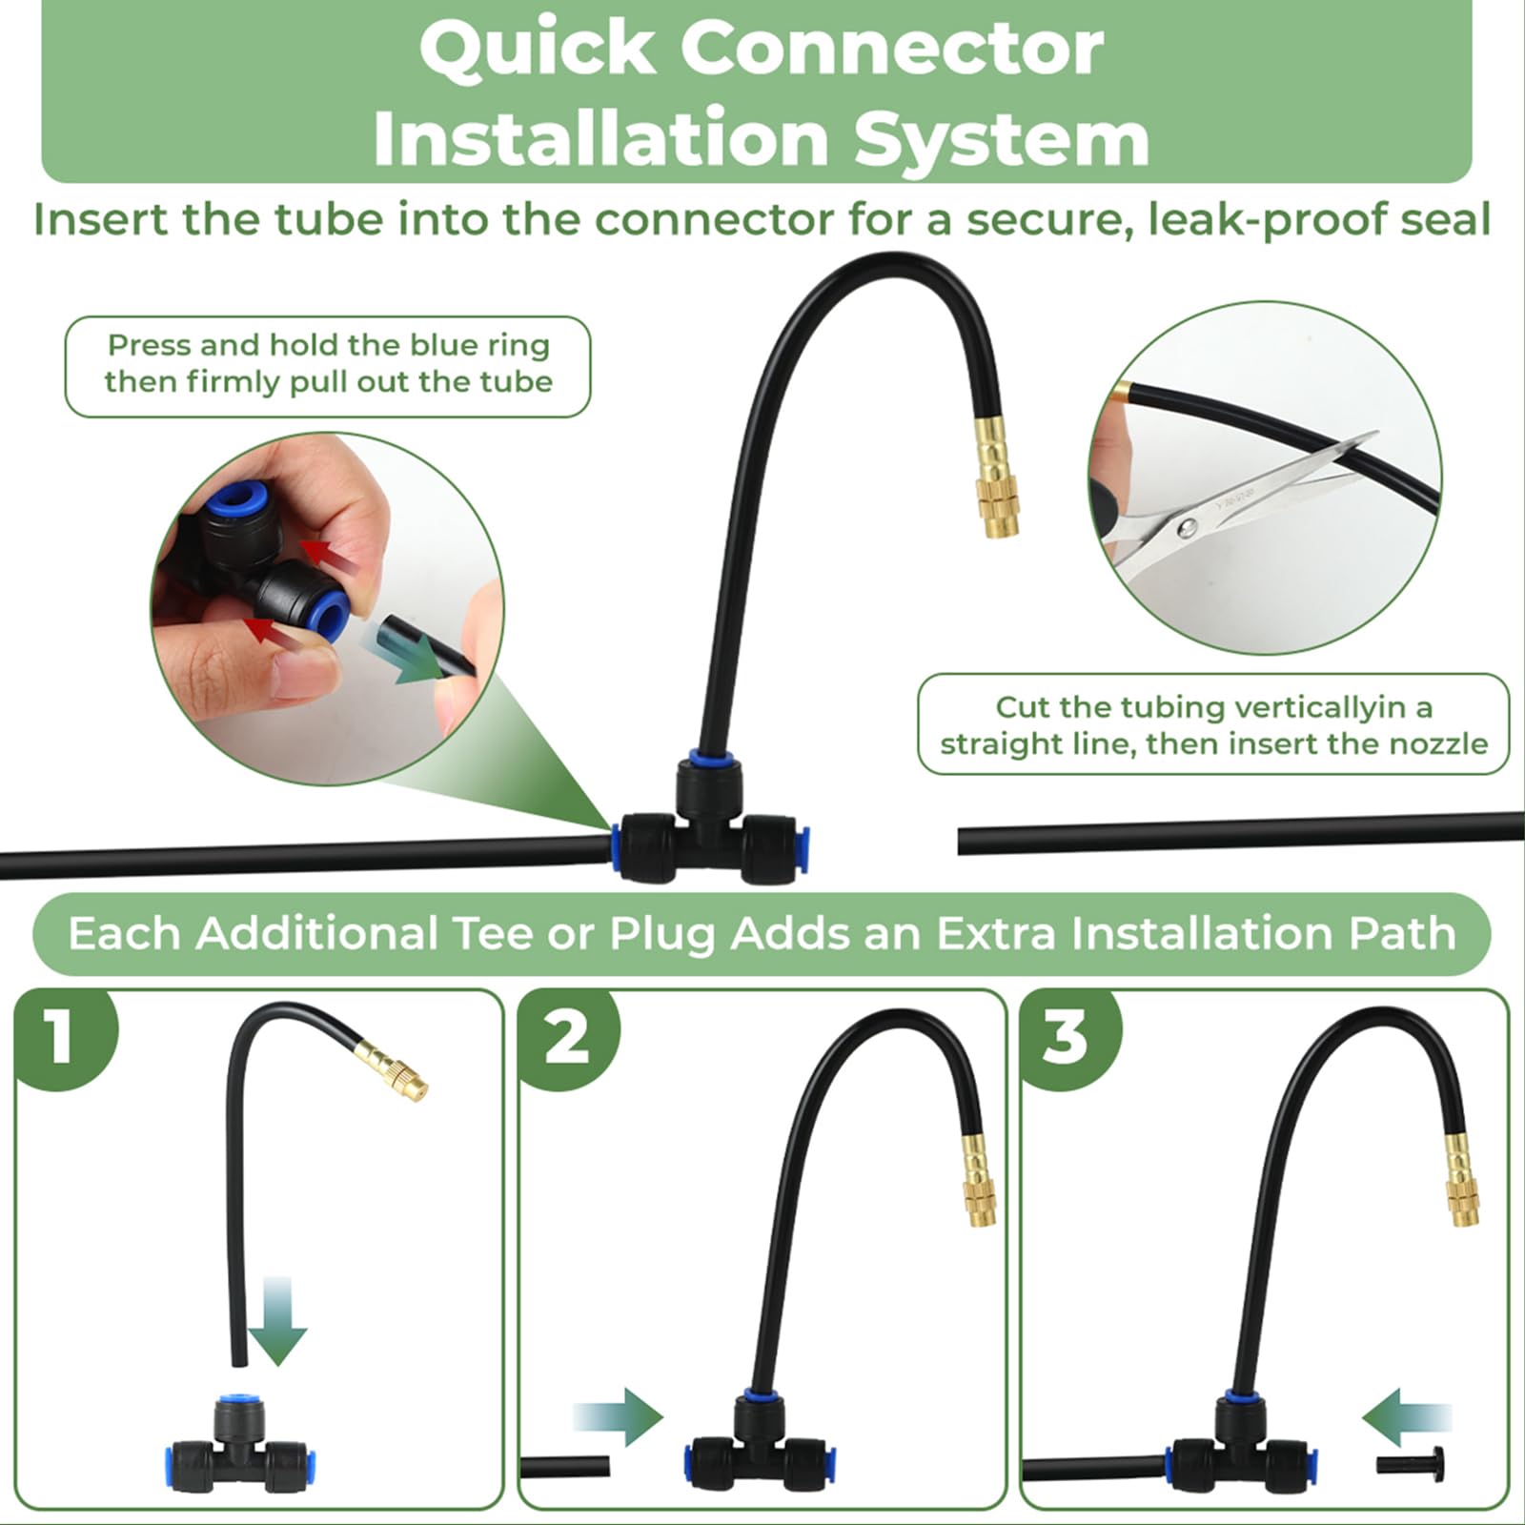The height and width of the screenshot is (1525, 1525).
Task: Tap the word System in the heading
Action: coord(1001,139)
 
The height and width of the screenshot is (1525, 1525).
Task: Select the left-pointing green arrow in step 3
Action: coord(1407,1417)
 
